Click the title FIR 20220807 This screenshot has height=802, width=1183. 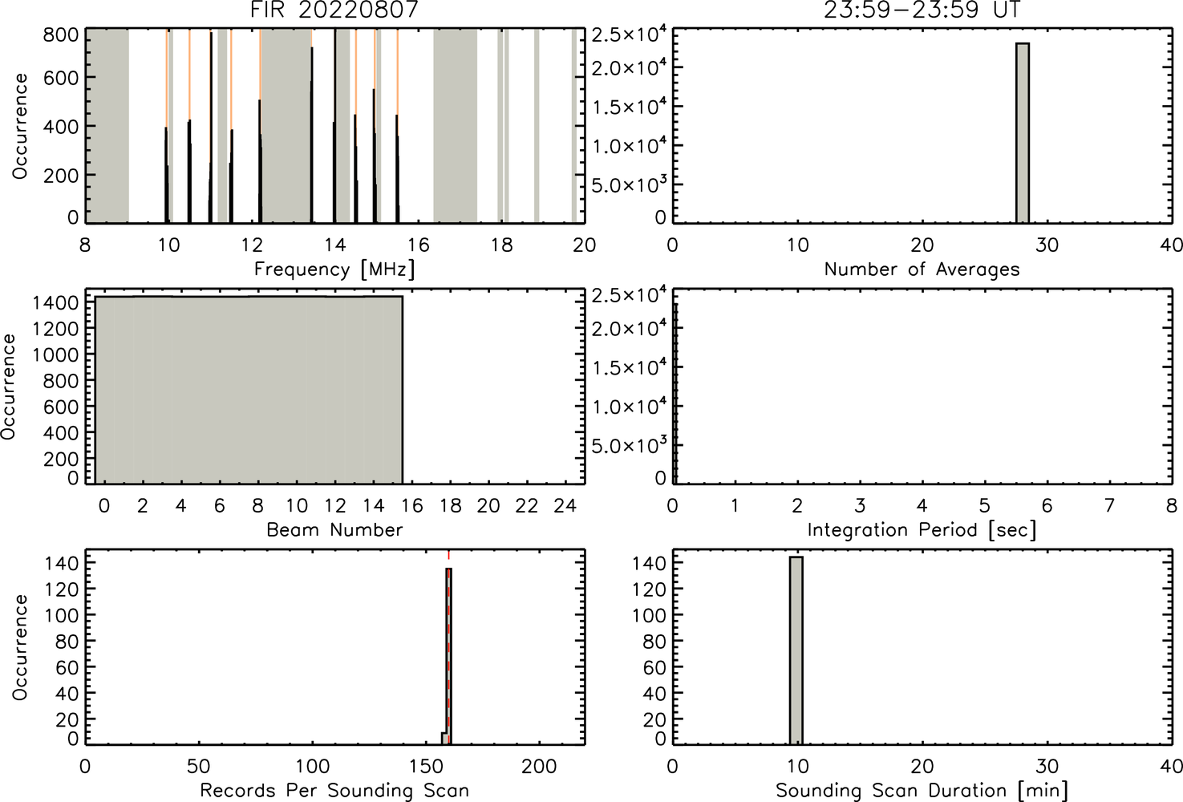335,10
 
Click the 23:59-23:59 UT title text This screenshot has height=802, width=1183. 922,10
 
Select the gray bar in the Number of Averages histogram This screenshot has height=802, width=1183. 1023,133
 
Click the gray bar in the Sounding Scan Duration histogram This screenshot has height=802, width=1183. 796,650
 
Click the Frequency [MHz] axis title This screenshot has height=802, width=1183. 334,269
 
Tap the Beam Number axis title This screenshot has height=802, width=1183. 334,529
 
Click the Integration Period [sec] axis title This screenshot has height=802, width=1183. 922,530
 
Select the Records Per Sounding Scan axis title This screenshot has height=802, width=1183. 334,791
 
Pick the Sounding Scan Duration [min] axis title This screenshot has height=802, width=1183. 922,791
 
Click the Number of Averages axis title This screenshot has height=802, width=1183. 922,269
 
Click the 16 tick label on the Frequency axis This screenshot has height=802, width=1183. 418,245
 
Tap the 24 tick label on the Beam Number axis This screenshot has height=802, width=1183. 565,506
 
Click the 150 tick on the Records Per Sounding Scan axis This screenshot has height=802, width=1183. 426,766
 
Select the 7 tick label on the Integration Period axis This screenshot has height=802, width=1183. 1109,506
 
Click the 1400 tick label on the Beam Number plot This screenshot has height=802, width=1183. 55,303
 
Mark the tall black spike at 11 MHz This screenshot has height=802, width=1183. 211,128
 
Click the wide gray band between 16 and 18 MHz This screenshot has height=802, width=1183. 456,126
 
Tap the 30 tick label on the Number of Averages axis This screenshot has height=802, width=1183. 1047,245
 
